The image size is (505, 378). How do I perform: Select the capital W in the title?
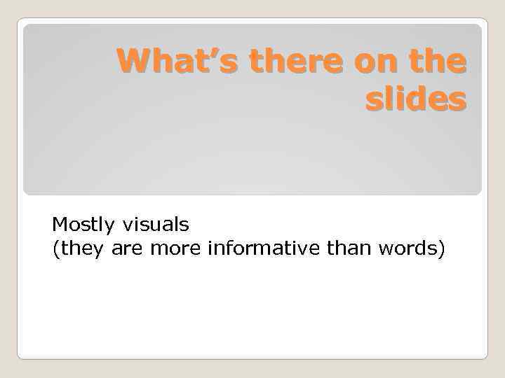[133, 62]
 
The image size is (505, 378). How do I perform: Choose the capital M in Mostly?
[58, 225]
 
